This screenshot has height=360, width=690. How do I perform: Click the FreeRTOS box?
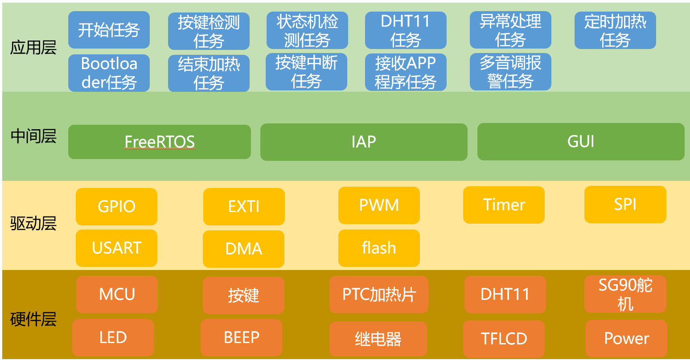point(159,142)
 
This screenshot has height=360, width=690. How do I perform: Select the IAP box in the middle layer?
point(364,142)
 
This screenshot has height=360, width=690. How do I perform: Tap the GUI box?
point(580,142)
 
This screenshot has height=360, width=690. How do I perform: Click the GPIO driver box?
point(116,206)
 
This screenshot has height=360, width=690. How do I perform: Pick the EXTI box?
point(244,206)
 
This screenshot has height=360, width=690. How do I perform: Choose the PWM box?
point(379,205)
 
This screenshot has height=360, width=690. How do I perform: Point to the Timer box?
point(504,205)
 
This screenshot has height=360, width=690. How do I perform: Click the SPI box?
point(625,204)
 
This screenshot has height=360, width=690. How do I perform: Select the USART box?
point(116,248)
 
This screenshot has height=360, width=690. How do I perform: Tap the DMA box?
point(243,249)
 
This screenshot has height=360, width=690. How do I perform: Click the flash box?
point(379,247)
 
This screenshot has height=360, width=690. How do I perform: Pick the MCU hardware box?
point(117,294)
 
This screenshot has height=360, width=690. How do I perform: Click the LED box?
point(113,337)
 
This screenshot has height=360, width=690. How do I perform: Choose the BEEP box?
point(241,337)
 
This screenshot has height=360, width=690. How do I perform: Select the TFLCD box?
point(504,339)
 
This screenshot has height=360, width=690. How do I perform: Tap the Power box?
point(626,338)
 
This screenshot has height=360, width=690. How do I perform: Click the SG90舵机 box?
point(625,294)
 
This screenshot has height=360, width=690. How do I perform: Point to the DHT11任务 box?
point(406,30)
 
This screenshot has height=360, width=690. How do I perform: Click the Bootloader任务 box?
point(109,73)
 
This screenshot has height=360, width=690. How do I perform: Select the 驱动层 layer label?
point(33,223)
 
